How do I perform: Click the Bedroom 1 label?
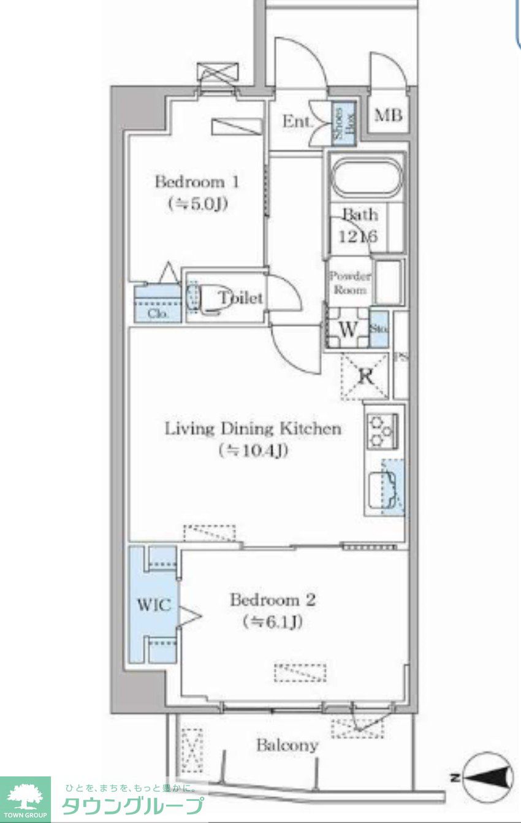(x=196, y=182)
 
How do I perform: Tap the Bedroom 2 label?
(x=272, y=599)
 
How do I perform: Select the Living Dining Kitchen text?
(x=253, y=428)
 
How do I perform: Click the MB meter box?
(x=388, y=115)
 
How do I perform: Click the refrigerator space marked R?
(x=365, y=376)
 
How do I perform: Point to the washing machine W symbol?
(x=347, y=330)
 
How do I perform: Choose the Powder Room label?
(x=349, y=283)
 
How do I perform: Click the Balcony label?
(x=287, y=746)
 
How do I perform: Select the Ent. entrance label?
(x=297, y=121)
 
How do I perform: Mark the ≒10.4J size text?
(x=253, y=451)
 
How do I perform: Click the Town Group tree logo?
(x=25, y=795)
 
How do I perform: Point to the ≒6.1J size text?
(x=273, y=622)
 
